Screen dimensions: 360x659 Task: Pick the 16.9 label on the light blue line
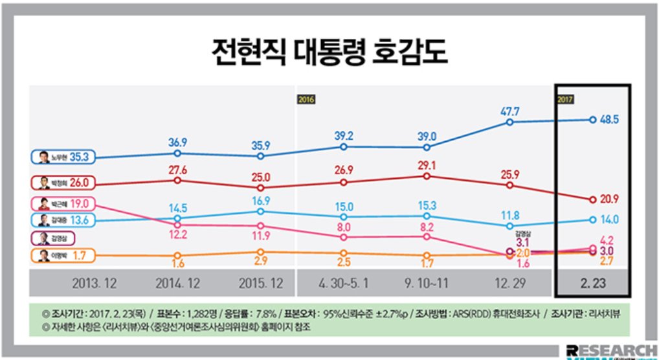click(x=260, y=200)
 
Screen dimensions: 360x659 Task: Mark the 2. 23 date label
click(x=592, y=284)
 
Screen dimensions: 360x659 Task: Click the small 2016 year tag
click(x=306, y=100)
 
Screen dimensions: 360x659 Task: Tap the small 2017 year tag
click(x=565, y=100)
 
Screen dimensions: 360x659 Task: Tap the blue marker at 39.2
click(x=344, y=147)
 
